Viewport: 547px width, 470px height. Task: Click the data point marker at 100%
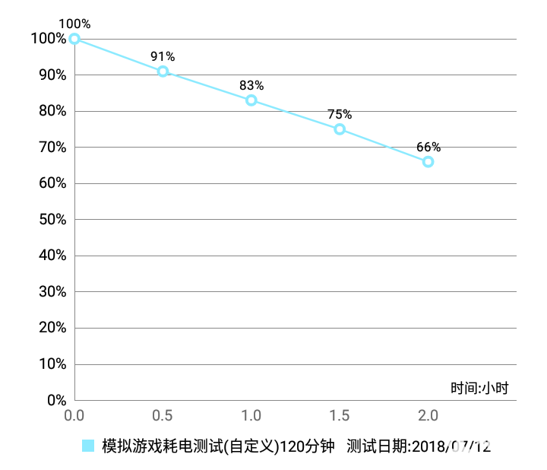(x=74, y=39)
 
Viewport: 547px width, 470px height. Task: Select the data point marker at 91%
(x=163, y=71)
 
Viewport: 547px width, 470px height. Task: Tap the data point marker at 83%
(x=251, y=100)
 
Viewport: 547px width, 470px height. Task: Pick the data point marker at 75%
(x=340, y=129)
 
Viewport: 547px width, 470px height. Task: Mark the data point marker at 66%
(x=428, y=162)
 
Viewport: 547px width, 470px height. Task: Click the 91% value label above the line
(x=163, y=56)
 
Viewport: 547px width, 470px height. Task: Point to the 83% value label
(x=251, y=85)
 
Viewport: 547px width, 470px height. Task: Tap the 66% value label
(x=428, y=147)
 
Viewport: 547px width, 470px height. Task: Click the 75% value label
(x=340, y=114)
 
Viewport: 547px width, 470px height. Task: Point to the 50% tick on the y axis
(x=49, y=220)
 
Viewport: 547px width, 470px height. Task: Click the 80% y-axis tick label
(x=49, y=111)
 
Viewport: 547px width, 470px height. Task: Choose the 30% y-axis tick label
(x=49, y=292)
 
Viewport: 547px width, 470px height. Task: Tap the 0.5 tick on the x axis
(x=163, y=416)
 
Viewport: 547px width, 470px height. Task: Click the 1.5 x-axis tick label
(x=340, y=416)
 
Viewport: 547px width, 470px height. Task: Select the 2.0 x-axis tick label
(x=428, y=416)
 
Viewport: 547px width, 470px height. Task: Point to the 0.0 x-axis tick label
(x=74, y=416)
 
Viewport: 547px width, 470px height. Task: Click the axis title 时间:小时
(x=479, y=389)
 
